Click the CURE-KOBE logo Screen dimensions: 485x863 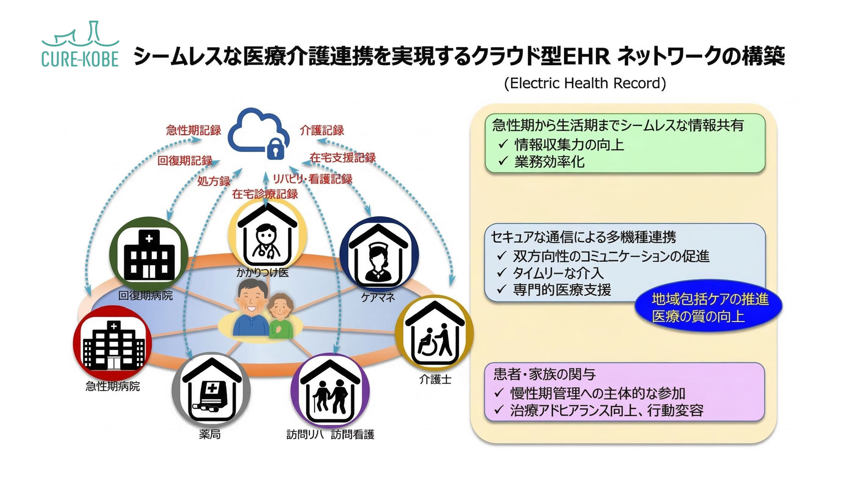tap(80, 45)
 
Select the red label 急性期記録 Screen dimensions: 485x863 tap(193, 130)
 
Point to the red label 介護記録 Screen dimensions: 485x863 tap(321, 130)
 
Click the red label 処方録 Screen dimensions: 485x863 tap(214, 181)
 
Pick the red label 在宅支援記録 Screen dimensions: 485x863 tap(342, 157)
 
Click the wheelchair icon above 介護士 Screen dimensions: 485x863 tap(435, 335)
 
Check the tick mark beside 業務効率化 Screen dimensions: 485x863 tap(503, 162)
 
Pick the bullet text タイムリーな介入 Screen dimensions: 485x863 tap(558, 273)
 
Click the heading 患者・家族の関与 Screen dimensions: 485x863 tap(545, 374)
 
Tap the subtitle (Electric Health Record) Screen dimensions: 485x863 tap(585, 83)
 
